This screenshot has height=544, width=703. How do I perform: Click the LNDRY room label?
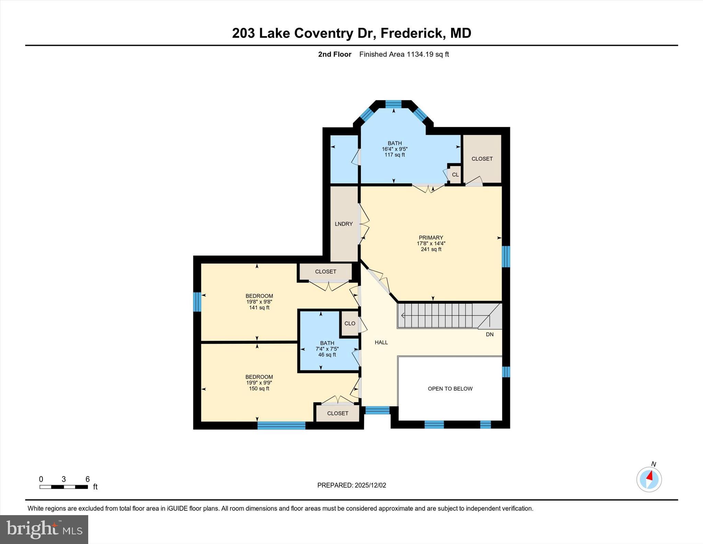click(x=344, y=224)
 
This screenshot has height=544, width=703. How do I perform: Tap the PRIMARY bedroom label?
click(x=431, y=237)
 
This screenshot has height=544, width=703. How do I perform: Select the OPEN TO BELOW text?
click(x=450, y=389)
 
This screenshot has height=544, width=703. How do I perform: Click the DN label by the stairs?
click(x=489, y=334)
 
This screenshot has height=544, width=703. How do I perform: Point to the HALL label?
click(x=381, y=342)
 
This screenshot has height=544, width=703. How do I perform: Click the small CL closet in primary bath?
click(x=455, y=175)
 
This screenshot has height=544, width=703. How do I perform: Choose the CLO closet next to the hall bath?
click(x=350, y=323)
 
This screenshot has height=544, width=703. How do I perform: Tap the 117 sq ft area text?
click(x=394, y=155)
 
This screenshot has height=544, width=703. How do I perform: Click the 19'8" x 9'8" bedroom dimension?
click(x=259, y=302)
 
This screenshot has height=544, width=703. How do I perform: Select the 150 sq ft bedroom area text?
click(x=259, y=389)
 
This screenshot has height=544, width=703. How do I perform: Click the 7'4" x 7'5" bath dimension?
click(x=327, y=349)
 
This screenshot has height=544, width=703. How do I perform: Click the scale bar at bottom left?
click(x=64, y=487)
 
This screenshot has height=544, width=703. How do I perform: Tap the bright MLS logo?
click(x=44, y=529)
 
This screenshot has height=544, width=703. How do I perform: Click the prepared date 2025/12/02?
click(x=370, y=485)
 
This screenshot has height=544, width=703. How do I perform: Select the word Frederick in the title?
click(x=411, y=33)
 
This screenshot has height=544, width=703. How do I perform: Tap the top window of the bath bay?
click(x=393, y=104)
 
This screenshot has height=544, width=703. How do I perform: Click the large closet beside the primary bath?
click(x=482, y=159)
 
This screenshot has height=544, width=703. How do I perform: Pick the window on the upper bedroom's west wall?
click(x=197, y=302)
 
